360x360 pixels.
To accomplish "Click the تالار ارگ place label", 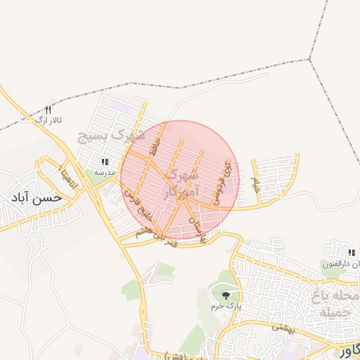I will (x=50, y=121).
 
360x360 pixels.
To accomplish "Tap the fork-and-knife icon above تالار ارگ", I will (x=49, y=110).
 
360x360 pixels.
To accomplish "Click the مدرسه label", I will (x=105, y=172).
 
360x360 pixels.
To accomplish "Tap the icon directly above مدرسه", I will (x=105, y=162).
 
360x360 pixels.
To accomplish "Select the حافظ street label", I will (x=157, y=147).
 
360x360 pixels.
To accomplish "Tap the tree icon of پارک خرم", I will (x=226, y=295).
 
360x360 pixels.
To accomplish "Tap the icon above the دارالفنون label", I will (x=354, y=253).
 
